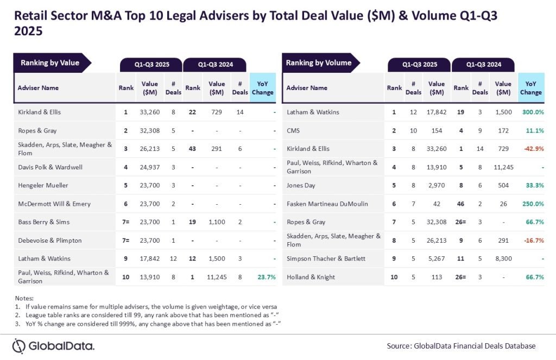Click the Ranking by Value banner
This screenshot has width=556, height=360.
(x=50, y=63)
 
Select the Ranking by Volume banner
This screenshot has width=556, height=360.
(x=319, y=63)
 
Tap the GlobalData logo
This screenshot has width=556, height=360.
(x=53, y=346)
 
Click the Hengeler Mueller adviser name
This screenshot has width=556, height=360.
(x=43, y=185)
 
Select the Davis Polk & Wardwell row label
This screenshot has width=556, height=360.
(x=50, y=167)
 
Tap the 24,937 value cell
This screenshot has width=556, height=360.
(x=149, y=167)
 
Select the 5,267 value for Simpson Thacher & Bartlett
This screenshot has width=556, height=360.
(x=436, y=258)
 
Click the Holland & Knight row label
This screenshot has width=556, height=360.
(x=311, y=277)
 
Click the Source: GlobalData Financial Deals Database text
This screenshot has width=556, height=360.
(x=461, y=346)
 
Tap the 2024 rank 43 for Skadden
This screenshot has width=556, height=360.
(x=193, y=148)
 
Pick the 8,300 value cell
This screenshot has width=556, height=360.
(x=503, y=258)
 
